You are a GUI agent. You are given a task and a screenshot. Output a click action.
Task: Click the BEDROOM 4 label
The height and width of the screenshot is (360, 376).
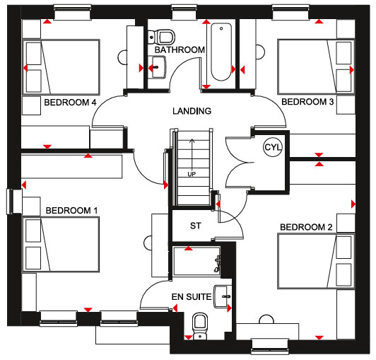pyautogui.click(x=70, y=103)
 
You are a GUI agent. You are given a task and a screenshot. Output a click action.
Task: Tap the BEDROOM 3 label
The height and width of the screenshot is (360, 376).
pyautogui.click(x=307, y=102)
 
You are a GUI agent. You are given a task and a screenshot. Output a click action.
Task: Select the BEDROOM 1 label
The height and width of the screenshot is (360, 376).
pyautogui.click(x=71, y=211)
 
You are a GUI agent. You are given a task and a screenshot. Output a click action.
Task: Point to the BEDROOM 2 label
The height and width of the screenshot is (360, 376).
pyautogui.click(x=306, y=227)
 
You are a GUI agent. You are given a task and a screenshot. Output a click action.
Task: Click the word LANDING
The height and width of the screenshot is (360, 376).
pyautogui.click(x=192, y=111)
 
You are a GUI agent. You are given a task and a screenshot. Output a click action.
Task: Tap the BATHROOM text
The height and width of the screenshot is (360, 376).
pyautogui.click(x=180, y=50)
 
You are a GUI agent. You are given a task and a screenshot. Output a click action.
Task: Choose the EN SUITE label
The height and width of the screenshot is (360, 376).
pyautogui.click(x=192, y=297)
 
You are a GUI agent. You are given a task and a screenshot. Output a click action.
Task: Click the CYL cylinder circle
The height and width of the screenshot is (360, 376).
pyautogui.click(x=273, y=147)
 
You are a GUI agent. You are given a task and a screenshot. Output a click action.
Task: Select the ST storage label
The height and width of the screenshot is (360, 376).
pyautogui.click(x=196, y=226)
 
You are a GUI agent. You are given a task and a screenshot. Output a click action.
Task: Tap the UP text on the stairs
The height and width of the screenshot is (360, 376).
pyautogui.click(x=192, y=174)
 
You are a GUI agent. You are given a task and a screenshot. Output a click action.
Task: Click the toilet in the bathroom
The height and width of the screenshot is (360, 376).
pyautogui.click(x=161, y=37)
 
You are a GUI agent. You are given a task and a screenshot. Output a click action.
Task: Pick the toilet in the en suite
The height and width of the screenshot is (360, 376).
pyautogui.click(x=200, y=326)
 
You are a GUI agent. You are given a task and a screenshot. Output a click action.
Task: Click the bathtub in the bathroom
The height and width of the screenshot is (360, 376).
pyautogui.click(x=221, y=52)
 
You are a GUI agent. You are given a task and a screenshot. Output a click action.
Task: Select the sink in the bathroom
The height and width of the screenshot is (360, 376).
pyautogui.click(x=157, y=67)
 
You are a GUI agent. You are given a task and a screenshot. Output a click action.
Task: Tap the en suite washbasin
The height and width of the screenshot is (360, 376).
pyautogui.click(x=223, y=296)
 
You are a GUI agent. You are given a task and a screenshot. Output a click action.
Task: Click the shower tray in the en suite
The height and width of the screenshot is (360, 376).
pyautogui.click(x=197, y=261)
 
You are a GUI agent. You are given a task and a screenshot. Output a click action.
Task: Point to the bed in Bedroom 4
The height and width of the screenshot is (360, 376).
pyautogui.click(x=61, y=67)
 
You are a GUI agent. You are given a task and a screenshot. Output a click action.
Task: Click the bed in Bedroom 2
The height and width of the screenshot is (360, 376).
pyautogui.click(x=317, y=261)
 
